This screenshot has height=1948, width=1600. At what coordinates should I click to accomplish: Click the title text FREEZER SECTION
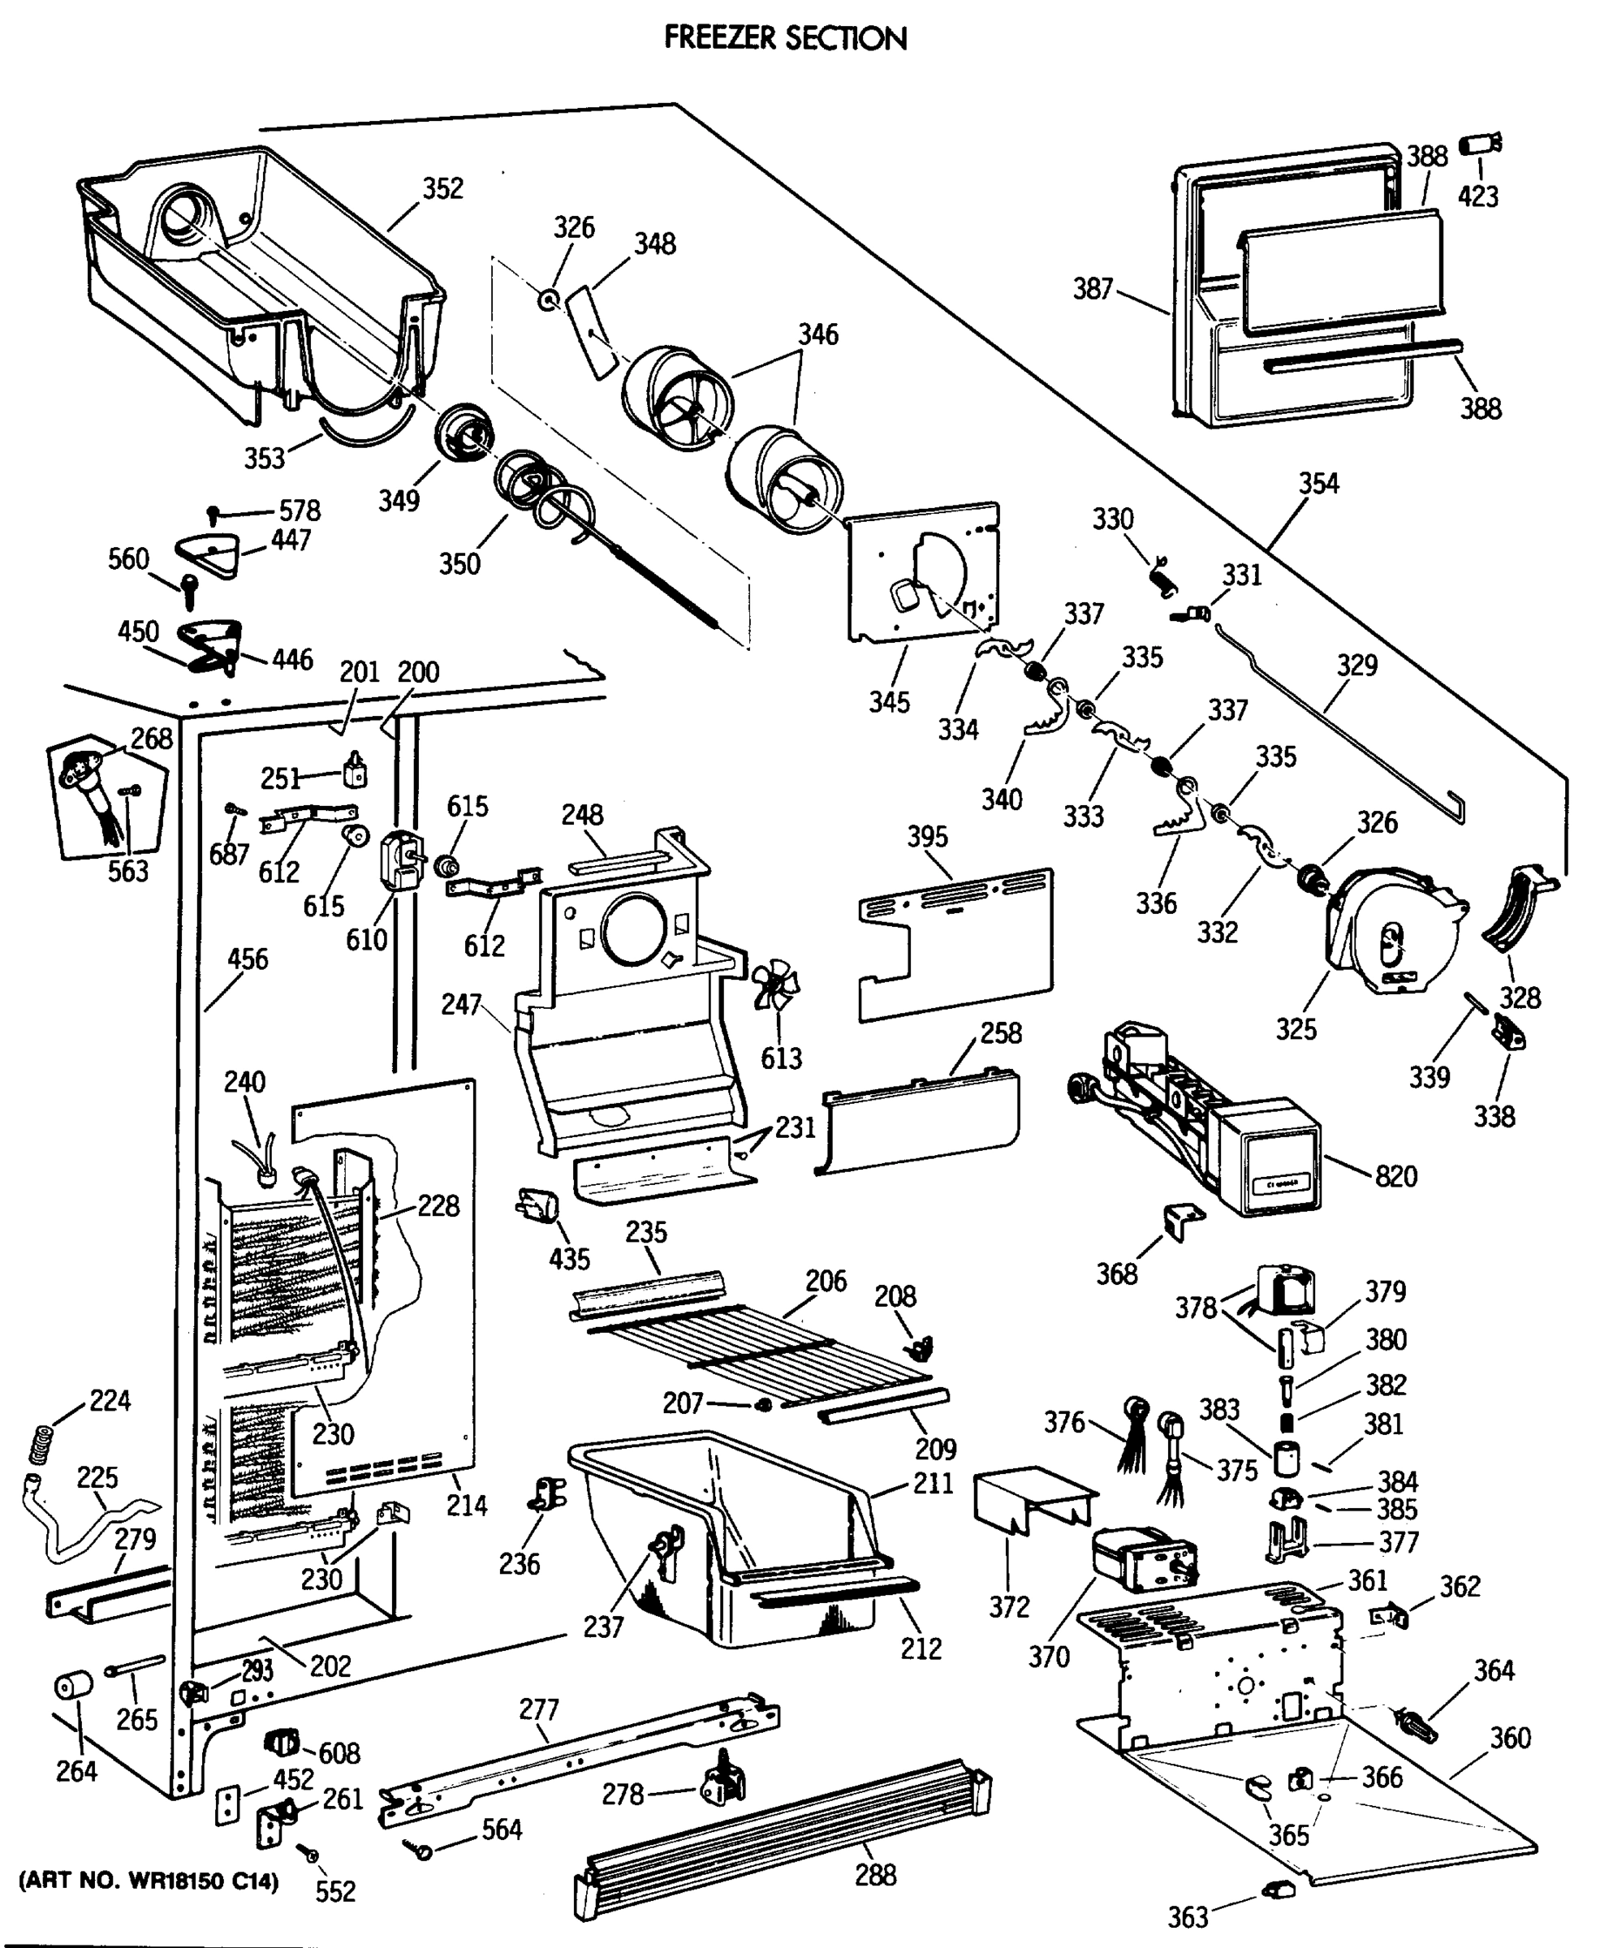point(785,38)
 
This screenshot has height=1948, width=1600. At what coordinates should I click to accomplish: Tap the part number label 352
point(442,188)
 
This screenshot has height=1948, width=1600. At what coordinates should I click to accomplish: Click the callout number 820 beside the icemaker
point(1395,1176)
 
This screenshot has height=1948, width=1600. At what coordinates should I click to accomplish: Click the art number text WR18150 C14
point(149,1881)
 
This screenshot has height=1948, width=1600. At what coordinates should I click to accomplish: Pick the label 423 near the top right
point(1478,196)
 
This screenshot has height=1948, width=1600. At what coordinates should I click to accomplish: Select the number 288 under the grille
point(874,1875)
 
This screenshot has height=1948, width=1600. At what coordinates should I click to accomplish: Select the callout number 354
point(1318,483)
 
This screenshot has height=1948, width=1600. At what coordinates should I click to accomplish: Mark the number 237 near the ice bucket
point(603,1627)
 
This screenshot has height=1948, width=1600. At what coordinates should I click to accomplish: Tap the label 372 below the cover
point(1009,1607)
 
